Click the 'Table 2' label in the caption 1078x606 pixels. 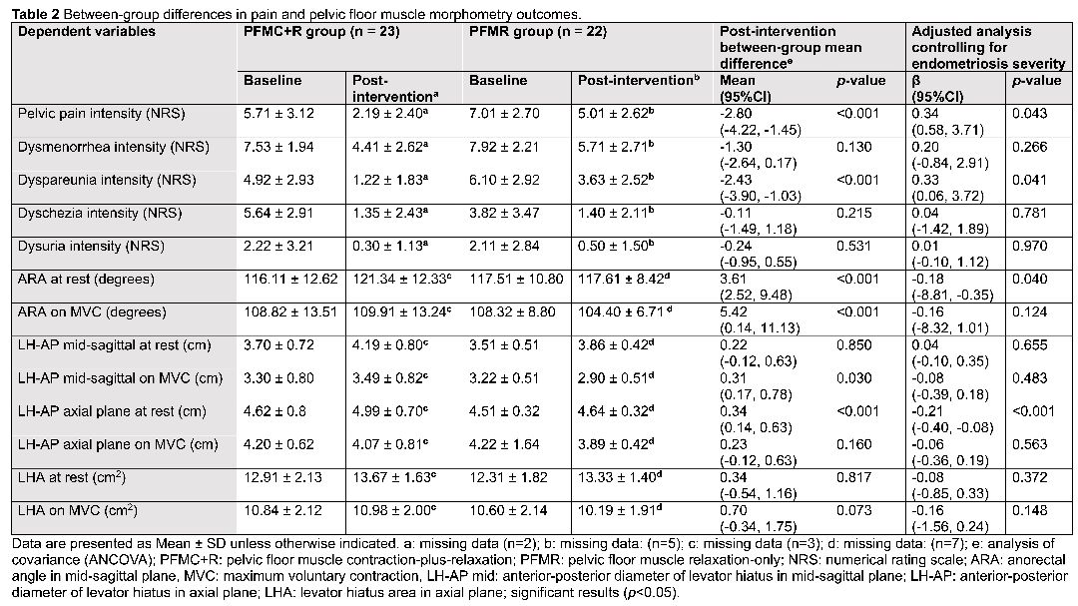pyautogui.click(x=34, y=14)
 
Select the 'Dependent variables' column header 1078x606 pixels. pyautogui.click(x=87, y=32)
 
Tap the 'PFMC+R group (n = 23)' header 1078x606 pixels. pyautogui.click(x=321, y=32)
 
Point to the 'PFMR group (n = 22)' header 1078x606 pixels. pyautogui.click(x=538, y=32)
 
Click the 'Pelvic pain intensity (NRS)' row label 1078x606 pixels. pyautogui.click(x=102, y=114)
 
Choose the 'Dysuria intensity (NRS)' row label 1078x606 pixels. pyautogui.click(x=92, y=247)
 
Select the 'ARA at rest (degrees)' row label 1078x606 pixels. pyautogui.click(x=87, y=280)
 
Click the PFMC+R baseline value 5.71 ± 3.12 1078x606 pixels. pyautogui.click(x=279, y=114)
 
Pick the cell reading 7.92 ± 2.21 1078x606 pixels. pyautogui.click(x=505, y=147)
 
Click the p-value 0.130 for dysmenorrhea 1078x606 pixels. pyautogui.click(x=853, y=147)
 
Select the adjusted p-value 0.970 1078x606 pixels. pyautogui.click(x=1030, y=247)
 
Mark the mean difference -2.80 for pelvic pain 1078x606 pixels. pyautogui.click(x=736, y=114)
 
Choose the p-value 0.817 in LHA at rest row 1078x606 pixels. pyautogui.click(x=853, y=477)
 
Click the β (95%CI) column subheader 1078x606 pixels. pyautogui.click(x=937, y=89)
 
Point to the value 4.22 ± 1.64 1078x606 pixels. pyautogui.click(x=505, y=444)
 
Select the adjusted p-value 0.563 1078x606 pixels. pyautogui.click(x=1030, y=444)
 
